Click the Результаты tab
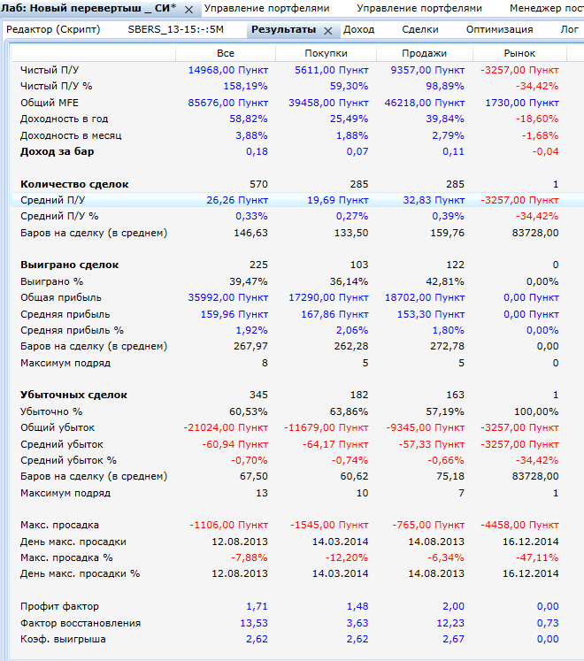tap(283, 29)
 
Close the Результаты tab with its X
tap(327, 30)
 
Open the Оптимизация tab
tap(499, 29)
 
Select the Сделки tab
tap(419, 29)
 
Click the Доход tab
tap(358, 29)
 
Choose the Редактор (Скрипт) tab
tap(53, 29)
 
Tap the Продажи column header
tap(426, 53)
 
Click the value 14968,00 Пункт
tap(227, 70)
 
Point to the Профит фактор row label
tap(59, 607)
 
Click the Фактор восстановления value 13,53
tap(252, 623)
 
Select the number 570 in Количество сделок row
tap(257, 184)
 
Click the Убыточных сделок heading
tap(73, 395)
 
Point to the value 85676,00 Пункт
tap(227, 103)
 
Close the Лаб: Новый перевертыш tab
tap(188, 9)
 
